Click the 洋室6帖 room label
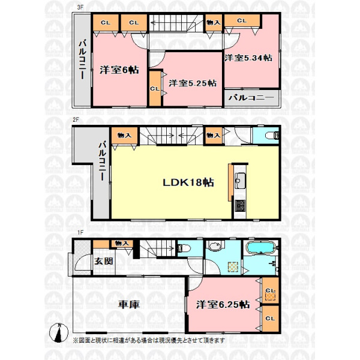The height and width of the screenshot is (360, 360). (x=119, y=70)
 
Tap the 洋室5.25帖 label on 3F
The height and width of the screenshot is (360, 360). (x=193, y=83)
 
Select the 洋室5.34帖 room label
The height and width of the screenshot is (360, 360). (x=248, y=58)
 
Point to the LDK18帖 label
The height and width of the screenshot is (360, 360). (x=188, y=182)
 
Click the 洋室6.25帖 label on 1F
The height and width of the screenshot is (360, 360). (x=223, y=305)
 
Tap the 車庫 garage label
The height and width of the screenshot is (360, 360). (x=129, y=304)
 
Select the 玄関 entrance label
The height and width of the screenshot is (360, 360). (x=104, y=261)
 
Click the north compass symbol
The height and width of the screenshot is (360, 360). (x=59, y=332)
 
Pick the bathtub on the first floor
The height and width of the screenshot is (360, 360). (x=260, y=247)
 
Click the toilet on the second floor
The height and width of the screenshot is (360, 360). (x=272, y=136)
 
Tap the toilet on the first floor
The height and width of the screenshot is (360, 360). (x=184, y=248)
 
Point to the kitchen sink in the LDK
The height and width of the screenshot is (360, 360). (x=240, y=181)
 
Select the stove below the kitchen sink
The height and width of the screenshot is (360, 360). (x=240, y=206)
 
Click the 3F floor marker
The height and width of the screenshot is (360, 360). (x=80, y=7)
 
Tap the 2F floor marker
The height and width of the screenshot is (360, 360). (x=76, y=120)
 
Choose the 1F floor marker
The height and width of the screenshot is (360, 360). (x=80, y=233)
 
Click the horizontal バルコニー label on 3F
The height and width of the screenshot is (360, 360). (x=251, y=98)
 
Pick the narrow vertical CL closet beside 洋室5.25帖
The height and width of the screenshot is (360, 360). (x=155, y=88)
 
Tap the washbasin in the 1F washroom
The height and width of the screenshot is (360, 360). (x=215, y=246)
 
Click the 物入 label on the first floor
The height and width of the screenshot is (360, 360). (x=121, y=243)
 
